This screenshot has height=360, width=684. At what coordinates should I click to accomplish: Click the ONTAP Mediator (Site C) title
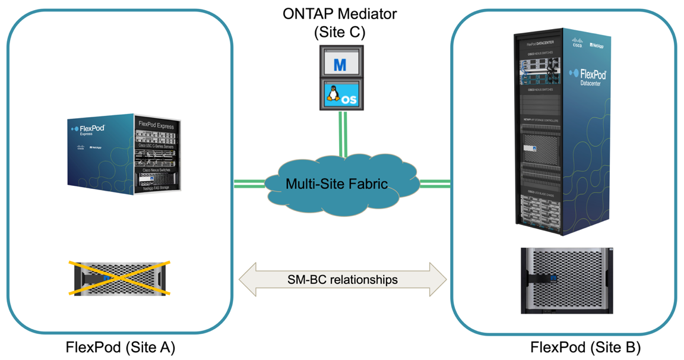339,22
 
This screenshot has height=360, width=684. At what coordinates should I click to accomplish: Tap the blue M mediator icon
340,64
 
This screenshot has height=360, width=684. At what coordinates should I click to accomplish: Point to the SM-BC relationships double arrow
342,279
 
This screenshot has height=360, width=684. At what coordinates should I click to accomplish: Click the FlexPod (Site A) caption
121,347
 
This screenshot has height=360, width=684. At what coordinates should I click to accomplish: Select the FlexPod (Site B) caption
585,347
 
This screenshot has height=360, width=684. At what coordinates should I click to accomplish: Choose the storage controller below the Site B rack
566,280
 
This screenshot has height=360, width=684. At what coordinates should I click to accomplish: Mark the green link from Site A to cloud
249,184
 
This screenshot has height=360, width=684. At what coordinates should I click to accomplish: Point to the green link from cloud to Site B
435,184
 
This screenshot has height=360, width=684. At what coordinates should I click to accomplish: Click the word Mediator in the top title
364,13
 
